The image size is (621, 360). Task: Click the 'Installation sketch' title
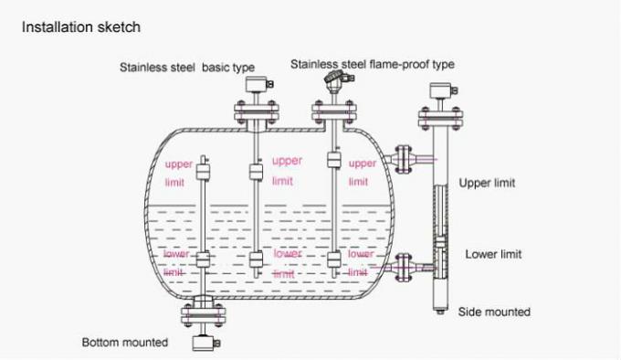[x=82, y=27]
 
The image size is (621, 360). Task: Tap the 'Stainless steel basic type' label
[x=186, y=67]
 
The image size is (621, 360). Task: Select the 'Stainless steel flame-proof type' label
[x=372, y=64]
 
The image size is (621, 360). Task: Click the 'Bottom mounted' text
[x=125, y=343]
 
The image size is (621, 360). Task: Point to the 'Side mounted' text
[x=494, y=312]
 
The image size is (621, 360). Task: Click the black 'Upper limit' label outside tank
[x=486, y=183]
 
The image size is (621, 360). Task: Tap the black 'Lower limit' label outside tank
[x=493, y=254]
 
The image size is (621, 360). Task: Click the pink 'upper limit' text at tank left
[x=179, y=174]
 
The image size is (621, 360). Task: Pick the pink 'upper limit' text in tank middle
[x=286, y=170]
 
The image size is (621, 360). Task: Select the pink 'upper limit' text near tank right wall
[x=363, y=174]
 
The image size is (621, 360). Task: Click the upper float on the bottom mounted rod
[x=204, y=172]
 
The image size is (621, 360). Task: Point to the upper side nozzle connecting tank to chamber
[x=402, y=158]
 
